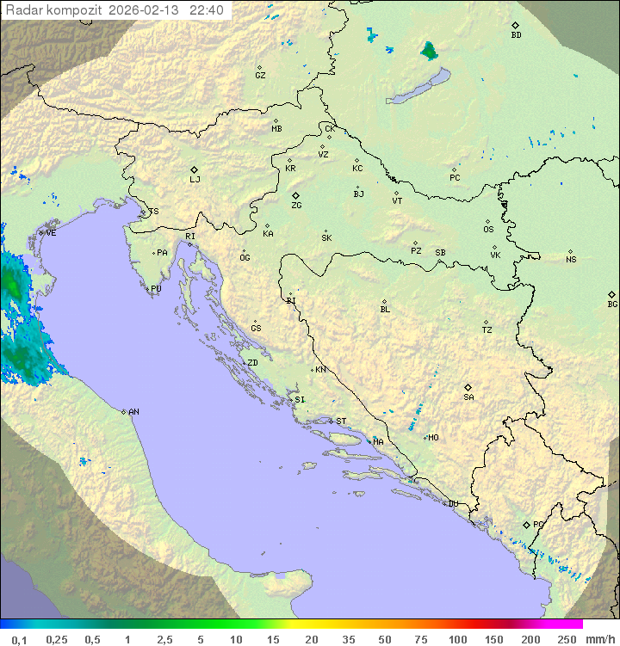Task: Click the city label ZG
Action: pyautogui.click(x=296, y=206)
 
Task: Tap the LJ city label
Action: pyautogui.click(x=195, y=180)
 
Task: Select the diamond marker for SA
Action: pyautogui.click(x=468, y=387)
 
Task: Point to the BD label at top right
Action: pyautogui.click(x=516, y=35)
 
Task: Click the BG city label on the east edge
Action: pyautogui.click(x=612, y=304)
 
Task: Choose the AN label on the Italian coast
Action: pyautogui.click(x=133, y=412)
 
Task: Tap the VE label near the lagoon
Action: pyautogui.click(x=51, y=232)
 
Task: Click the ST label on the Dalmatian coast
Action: pyautogui.click(x=341, y=421)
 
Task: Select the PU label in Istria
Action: pyautogui.click(x=156, y=289)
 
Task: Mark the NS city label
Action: pyautogui.click(x=571, y=260)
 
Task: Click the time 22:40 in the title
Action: pyautogui.click(x=207, y=10)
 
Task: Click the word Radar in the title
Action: pyautogui.click(x=22, y=10)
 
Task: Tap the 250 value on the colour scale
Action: pyautogui.click(x=567, y=639)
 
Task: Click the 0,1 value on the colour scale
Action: pyautogui.click(x=19, y=639)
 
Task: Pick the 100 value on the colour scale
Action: pyautogui.click(x=457, y=639)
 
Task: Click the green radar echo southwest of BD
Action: pyautogui.click(x=428, y=51)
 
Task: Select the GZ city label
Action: pyautogui.click(x=260, y=75)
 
